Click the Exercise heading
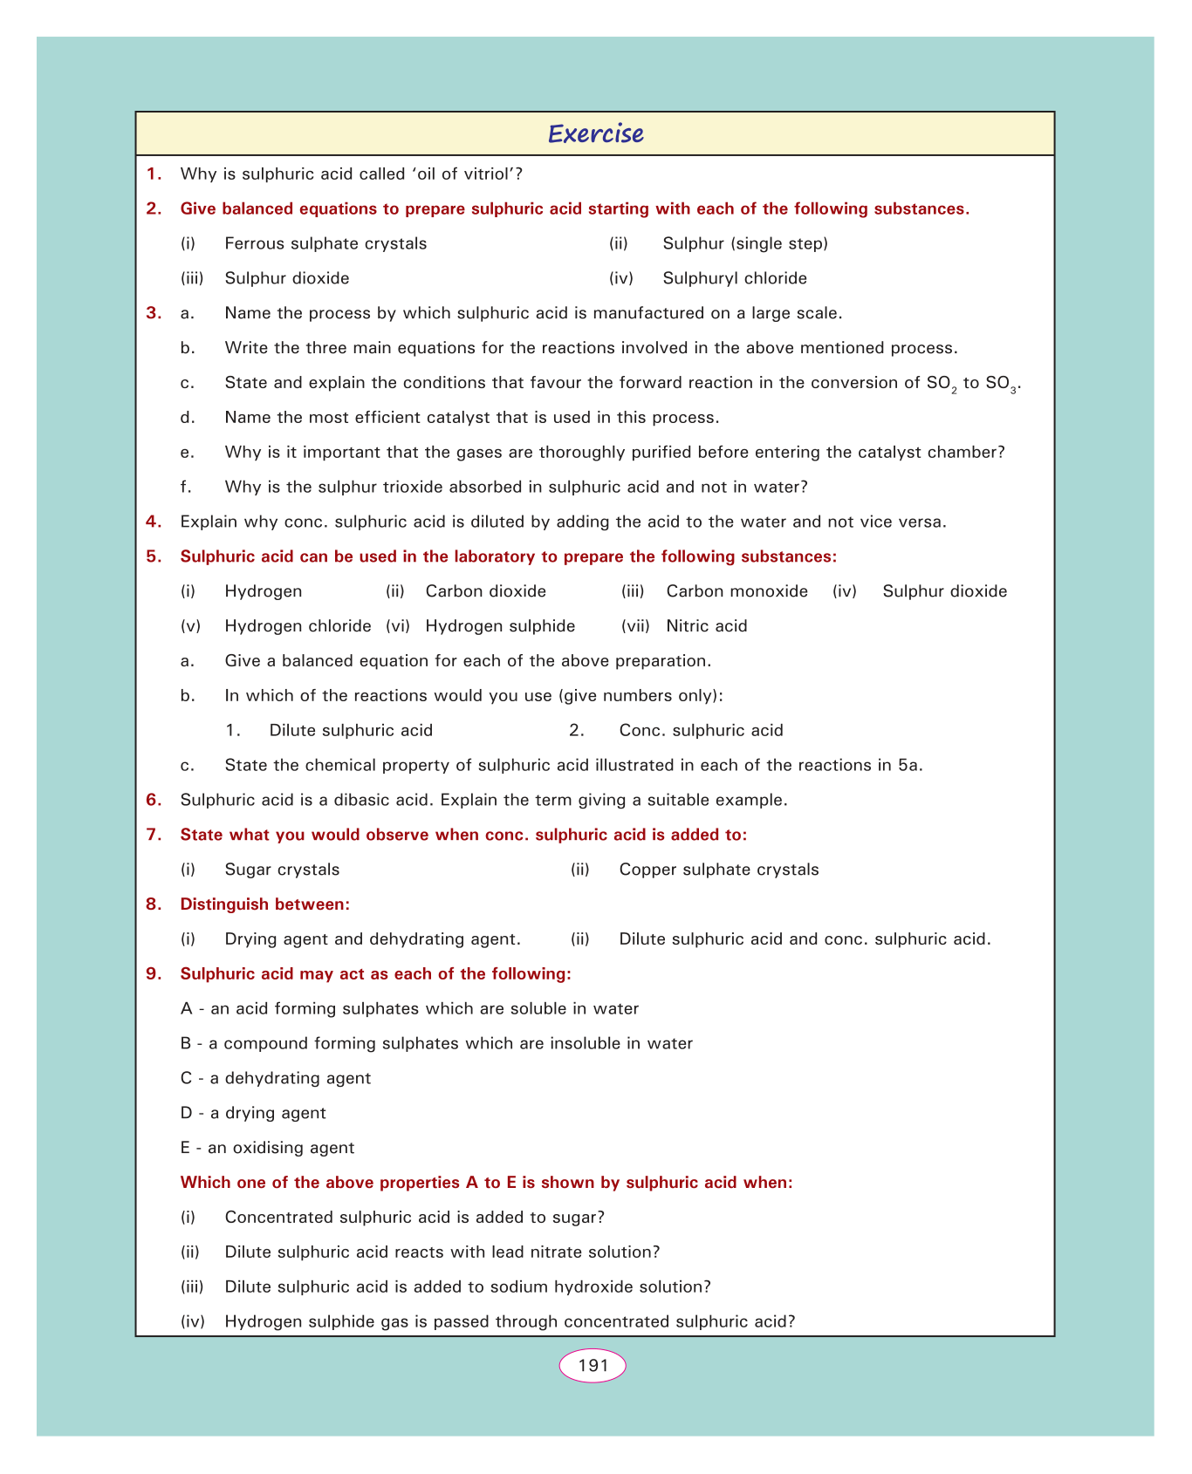point(595,133)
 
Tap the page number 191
point(593,1365)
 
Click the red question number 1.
point(154,174)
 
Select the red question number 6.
point(154,800)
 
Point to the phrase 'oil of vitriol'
point(459,174)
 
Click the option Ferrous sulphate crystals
point(325,243)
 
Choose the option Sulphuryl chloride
point(735,278)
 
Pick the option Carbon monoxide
point(736,591)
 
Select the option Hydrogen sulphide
point(500,626)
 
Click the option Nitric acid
point(706,626)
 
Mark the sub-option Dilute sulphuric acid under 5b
point(351,730)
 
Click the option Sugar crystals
point(282,870)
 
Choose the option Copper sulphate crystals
point(719,870)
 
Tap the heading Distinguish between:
point(264,904)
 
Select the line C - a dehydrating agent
point(275,1078)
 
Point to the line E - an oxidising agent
point(267,1148)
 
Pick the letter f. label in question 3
point(185,487)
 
